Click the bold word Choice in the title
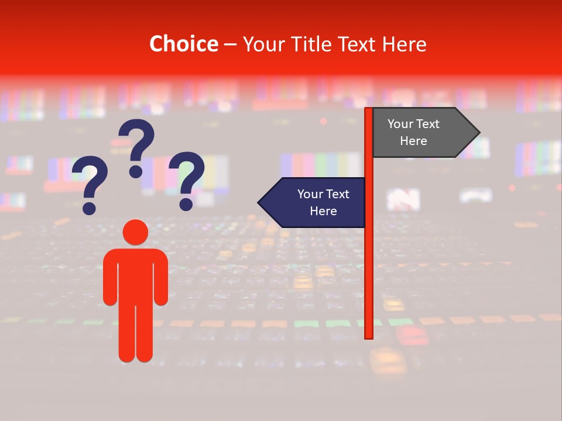pyautogui.click(x=183, y=44)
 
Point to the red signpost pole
pyautogui.click(x=369, y=263)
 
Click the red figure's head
pyautogui.click(x=135, y=232)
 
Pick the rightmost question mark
pyautogui.click(x=187, y=178)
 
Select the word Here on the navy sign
pyautogui.click(x=323, y=211)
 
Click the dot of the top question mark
pyautogui.click(x=136, y=171)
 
